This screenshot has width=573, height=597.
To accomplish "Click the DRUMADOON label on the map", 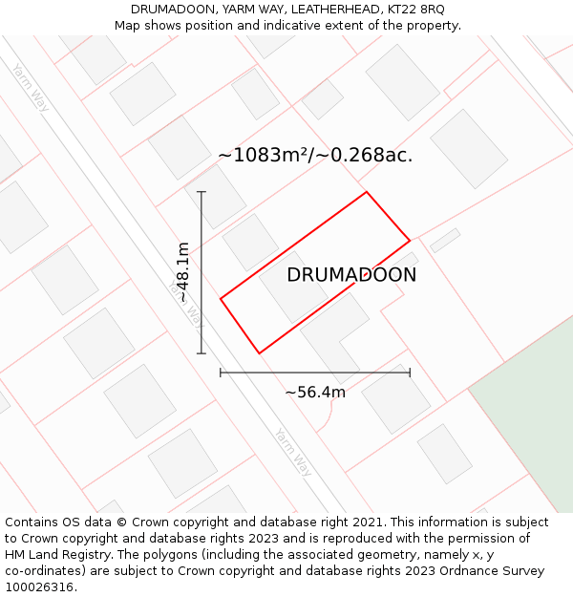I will [351, 275].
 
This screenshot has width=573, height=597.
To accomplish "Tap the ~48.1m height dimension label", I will [182, 273].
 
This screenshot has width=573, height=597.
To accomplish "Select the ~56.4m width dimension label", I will [315, 392].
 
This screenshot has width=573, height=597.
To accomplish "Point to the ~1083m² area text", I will [315, 155].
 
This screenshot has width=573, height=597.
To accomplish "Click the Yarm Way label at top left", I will [31, 87].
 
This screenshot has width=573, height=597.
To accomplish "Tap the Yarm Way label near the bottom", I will [293, 452].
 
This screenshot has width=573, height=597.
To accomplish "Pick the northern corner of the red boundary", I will [367, 192].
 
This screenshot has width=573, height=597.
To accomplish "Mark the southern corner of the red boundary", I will [259, 353].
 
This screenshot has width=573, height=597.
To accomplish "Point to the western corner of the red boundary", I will [221, 299].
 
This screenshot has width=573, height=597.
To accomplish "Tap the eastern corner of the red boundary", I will [410, 241].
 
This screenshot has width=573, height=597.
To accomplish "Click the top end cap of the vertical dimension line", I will [202, 192].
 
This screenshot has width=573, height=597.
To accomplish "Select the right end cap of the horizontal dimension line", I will [410, 373].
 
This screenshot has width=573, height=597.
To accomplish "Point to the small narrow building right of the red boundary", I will [445, 240].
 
